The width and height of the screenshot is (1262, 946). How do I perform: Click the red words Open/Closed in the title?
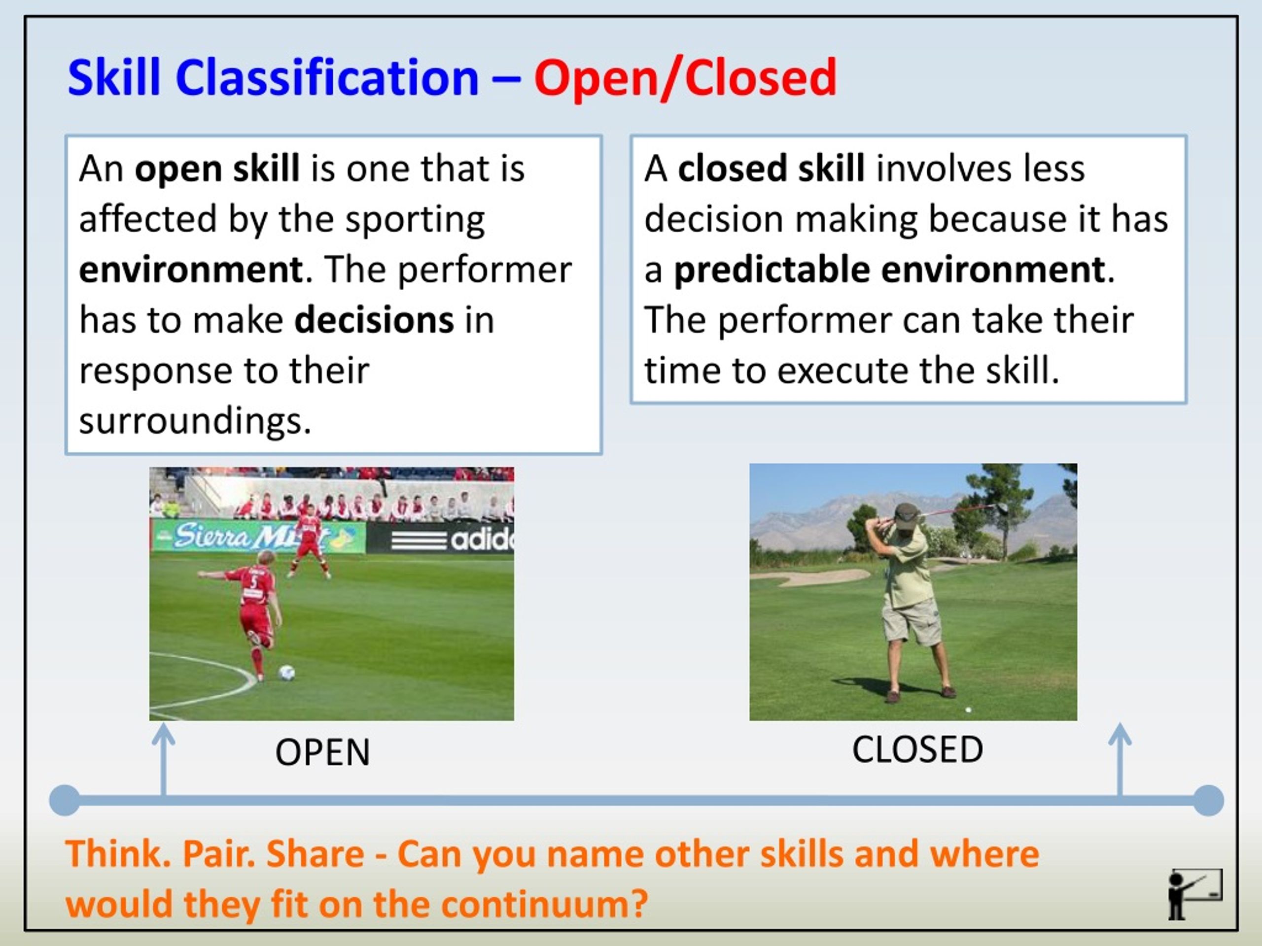point(685,79)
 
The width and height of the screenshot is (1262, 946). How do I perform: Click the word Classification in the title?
point(327,79)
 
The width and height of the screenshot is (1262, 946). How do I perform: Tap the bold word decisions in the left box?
point(374,320)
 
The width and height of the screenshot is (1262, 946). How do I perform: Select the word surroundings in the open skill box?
point(195,421)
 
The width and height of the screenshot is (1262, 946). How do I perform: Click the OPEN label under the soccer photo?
point(323,752)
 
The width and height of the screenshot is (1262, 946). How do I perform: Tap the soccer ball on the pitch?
point(286,673)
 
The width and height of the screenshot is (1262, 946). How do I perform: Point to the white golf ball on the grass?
point(968,710)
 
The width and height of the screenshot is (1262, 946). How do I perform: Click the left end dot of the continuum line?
point(65,800)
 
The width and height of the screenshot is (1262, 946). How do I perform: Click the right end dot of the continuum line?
point(1208,800)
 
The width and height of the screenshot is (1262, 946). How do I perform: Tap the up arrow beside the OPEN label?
point(164,758)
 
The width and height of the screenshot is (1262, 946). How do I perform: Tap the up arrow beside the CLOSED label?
point(1120,758)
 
